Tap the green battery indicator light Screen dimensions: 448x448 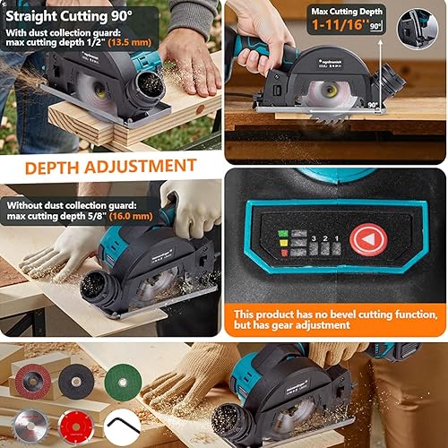point(282,234)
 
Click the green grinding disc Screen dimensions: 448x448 point(122,383)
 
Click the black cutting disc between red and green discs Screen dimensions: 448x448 point(77,382)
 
